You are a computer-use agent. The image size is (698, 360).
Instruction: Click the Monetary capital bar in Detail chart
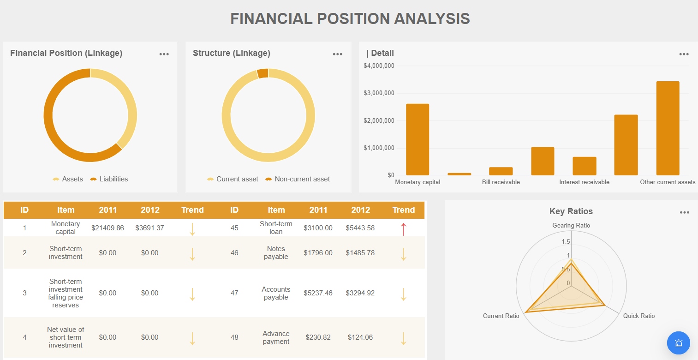point(418,139)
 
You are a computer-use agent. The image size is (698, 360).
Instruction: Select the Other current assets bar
point(668,128)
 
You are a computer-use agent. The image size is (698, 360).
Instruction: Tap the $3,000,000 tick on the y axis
point(379,93)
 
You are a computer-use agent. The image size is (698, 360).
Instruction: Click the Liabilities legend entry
point(113,179)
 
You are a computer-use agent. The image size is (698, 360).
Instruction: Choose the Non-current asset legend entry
point(302,179)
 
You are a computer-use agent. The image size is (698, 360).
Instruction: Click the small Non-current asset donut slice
point(262,73)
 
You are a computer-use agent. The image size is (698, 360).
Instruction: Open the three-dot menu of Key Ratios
point(684,212)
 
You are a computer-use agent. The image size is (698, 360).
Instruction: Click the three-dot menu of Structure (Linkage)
point(337,54)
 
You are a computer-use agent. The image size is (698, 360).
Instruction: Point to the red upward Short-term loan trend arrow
point(403,228)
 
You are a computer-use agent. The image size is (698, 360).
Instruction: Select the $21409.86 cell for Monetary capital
point(107,228)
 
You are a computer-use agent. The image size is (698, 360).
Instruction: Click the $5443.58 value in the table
point(360,228)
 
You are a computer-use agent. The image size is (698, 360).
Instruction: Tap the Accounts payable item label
point(276,293)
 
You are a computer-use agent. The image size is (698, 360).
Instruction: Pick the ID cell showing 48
point(234,337)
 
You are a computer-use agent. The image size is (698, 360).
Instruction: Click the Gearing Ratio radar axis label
point(571,226)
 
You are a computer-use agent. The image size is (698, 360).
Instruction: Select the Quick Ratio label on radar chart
point(638,316)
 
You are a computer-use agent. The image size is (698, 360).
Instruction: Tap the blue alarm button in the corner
point(678,343)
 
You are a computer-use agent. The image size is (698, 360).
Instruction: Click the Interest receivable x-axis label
point(584,182)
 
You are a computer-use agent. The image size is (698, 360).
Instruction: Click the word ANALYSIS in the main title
point(432,18)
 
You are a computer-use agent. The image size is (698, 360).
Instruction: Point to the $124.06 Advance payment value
point(360,337)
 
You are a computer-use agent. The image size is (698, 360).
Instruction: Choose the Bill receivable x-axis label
point(501,182)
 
